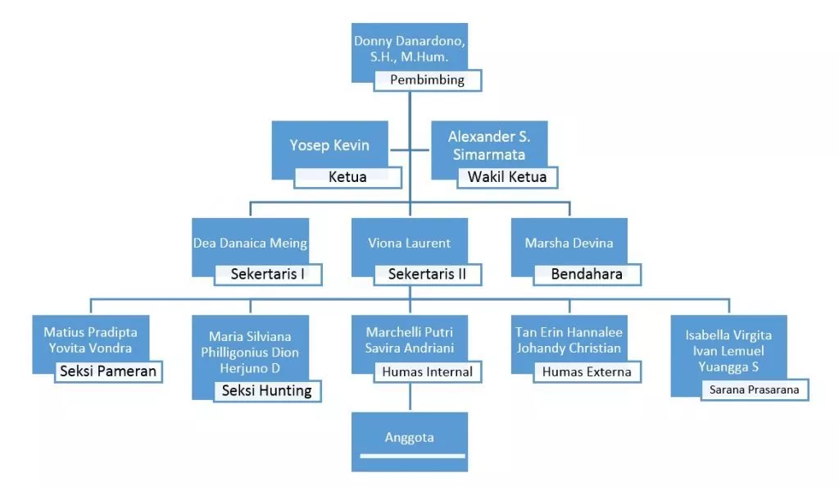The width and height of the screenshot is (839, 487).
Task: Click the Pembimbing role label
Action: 427,80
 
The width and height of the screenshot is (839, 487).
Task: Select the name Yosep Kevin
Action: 329,145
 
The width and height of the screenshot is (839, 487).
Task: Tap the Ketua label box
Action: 347,177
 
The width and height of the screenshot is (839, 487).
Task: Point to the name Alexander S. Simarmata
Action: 487,146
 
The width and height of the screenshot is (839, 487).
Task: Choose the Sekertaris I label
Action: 268,274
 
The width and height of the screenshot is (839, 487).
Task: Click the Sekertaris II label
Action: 427,274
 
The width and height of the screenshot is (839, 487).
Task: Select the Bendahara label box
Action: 586,274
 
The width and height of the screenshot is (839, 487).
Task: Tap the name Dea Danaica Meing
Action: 250,243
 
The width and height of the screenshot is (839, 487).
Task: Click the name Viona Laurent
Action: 409,243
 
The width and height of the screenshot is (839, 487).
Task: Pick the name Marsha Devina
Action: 569,243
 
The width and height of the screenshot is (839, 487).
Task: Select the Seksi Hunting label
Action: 267,391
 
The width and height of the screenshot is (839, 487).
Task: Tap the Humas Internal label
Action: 427,371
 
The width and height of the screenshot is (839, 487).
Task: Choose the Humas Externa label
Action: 586,371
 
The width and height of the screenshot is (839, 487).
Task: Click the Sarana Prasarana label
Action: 755,389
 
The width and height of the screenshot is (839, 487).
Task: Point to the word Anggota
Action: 409,437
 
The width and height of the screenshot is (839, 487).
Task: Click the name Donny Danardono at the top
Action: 402,40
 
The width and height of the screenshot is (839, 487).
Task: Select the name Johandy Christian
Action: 569,348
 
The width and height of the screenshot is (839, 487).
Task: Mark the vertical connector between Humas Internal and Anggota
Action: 409,398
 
